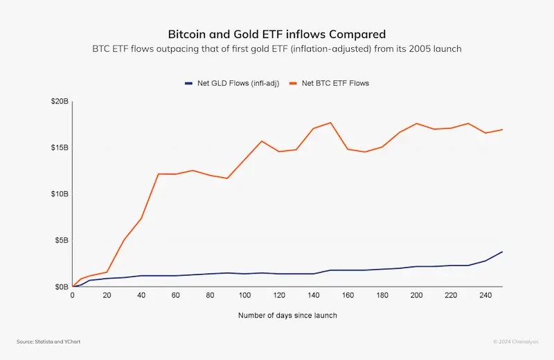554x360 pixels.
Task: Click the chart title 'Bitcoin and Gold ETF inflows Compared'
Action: (277, 34)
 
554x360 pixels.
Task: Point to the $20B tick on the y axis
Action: (60, 102)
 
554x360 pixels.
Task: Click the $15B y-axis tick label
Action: (60, 147)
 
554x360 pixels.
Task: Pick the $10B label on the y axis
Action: (60, 194)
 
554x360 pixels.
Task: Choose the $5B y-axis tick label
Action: (61, 240)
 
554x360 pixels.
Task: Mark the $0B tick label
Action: (61, 287)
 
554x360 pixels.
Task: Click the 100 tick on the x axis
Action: (244, 295)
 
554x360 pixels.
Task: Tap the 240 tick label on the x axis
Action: (485, 295)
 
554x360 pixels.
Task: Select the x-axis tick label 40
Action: (141, 295)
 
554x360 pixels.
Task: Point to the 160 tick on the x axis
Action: (348, 295)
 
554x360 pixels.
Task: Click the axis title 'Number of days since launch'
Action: (287, 316)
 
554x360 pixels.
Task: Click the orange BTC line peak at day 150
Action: (330, 123)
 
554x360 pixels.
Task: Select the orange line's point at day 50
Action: (159, 174)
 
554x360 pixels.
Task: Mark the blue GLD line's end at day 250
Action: (502, 251)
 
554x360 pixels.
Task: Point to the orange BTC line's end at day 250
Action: (502, 129)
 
